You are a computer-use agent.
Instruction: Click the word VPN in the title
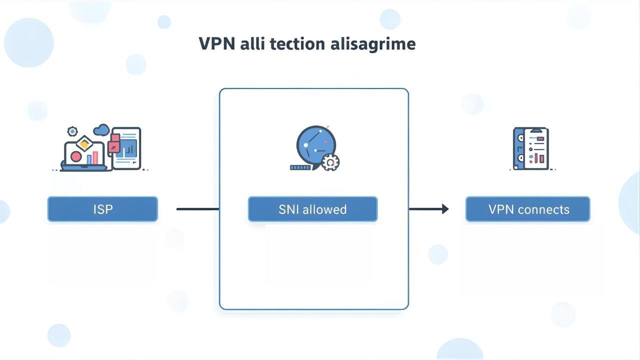point(217,44)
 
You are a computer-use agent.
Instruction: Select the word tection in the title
point(297,44)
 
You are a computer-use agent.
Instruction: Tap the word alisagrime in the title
point(373,44)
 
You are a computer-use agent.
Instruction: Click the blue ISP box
point(102,209)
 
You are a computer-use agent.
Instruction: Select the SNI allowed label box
point(312,209)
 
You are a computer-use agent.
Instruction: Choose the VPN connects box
point(528,209)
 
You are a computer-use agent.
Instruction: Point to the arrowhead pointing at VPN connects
point(445,209)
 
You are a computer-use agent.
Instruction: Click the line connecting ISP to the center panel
point(197,209)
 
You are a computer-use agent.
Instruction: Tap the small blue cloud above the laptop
point(101,130)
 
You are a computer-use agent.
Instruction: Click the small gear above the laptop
point(72,131)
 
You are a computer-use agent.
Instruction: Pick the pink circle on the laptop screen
point(76,156)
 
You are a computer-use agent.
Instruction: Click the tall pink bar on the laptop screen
point(95,157)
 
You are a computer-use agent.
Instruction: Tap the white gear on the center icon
point(330,162)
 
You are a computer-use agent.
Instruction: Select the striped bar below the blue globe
point(300,167)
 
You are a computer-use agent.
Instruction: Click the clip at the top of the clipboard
point(535,129)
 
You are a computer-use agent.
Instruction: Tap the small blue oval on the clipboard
point(530,156)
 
